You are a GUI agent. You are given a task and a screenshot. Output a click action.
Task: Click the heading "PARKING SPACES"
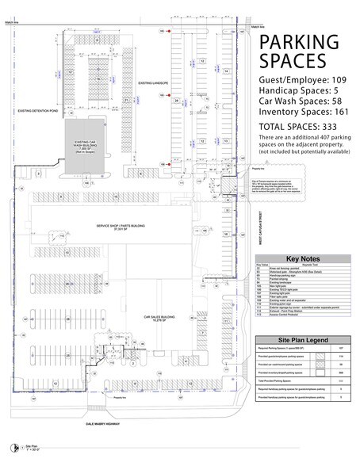click(x=293, y=53)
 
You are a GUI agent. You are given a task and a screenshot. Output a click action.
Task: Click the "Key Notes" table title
click(x=302, y=258)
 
